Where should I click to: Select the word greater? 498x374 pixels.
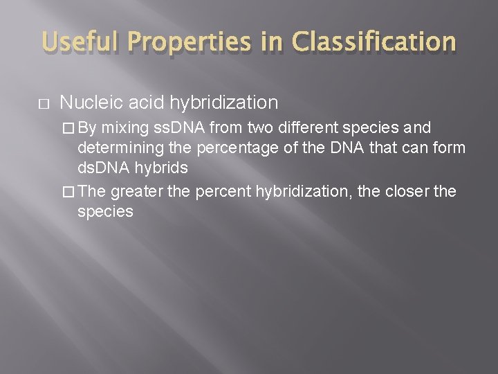pos(138,191)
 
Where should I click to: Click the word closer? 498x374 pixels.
pos(407,191)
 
